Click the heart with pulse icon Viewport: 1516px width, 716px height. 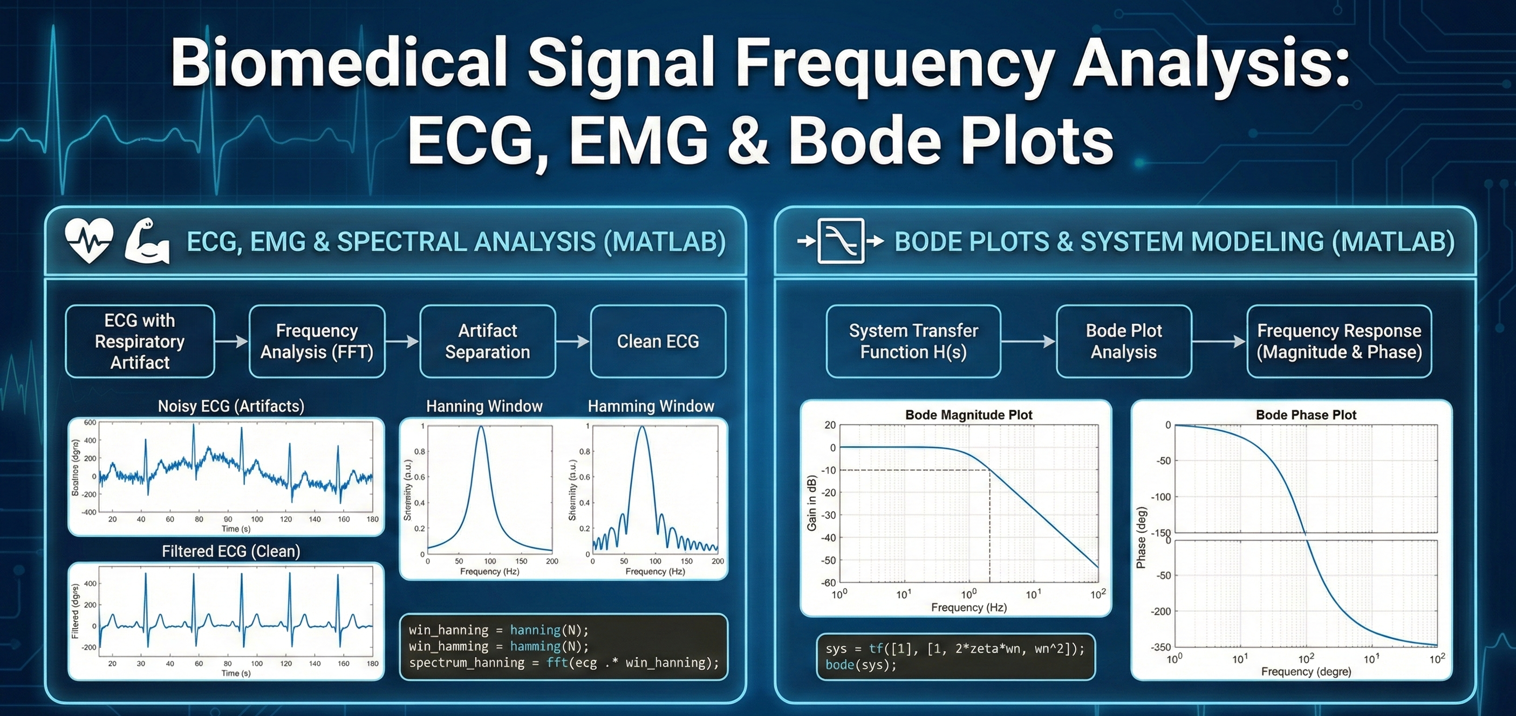(88, 241)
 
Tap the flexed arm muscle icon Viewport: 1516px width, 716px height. (147, 241)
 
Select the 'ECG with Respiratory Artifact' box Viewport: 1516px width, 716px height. (140, 341)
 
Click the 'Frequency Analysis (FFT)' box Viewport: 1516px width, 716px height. (317, 341)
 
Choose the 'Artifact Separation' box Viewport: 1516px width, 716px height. (487, 341)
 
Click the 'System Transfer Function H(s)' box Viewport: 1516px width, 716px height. (913, 341)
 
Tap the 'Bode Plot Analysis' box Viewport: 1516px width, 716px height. (1123, 341)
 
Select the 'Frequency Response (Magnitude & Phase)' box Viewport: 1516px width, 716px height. (1339, 341)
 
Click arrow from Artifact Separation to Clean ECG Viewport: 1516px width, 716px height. (572, 341)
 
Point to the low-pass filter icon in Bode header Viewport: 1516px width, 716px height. (841, 241)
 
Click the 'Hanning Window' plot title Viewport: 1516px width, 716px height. (484, 406)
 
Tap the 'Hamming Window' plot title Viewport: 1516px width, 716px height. (650, 406)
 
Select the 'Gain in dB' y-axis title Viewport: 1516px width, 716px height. (811, 503)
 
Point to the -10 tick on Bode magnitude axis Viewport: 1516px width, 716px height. (829, 470)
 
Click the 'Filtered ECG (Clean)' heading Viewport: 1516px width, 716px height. (231, 551)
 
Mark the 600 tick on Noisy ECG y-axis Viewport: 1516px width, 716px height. (90, 423)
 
